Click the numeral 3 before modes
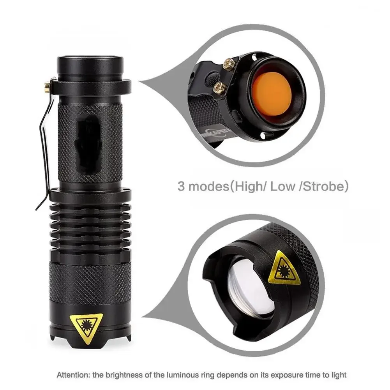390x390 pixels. [x=181, y=187]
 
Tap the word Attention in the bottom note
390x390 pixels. [x=72, y=375]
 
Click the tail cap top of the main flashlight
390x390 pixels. [x=90, y=62]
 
